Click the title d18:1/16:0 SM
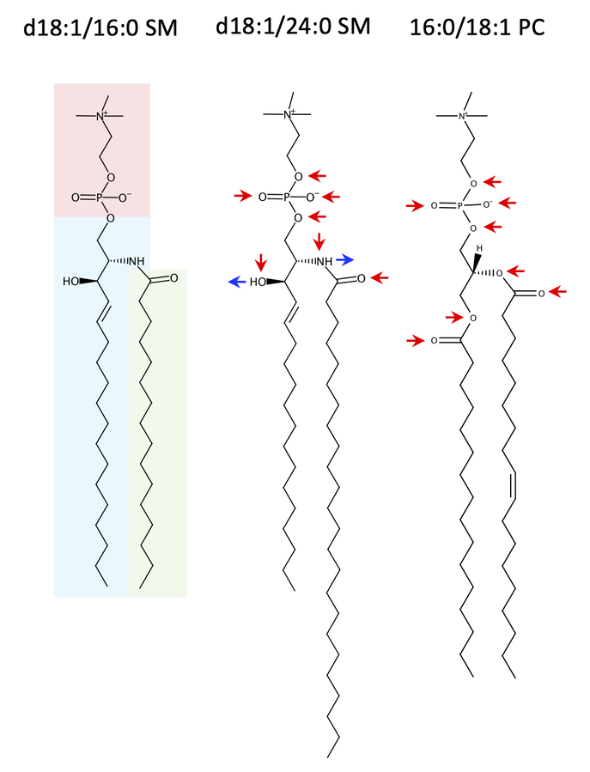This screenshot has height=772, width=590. (100, 29)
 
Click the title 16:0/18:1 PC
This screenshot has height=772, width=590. (477, 27)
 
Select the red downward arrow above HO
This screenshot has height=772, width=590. (260, 260)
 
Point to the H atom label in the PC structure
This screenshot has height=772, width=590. (482, 248)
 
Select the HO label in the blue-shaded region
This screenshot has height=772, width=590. (71, 281)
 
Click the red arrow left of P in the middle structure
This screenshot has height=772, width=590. (243, 198)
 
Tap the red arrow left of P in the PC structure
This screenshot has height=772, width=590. (415, 206)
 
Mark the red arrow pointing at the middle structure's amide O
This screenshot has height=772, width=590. (380, 277)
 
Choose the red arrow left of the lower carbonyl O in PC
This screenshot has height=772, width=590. (416, 341)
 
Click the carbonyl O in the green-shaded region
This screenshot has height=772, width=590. (173, 278)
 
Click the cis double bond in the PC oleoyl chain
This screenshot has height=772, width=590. (514, 485)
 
